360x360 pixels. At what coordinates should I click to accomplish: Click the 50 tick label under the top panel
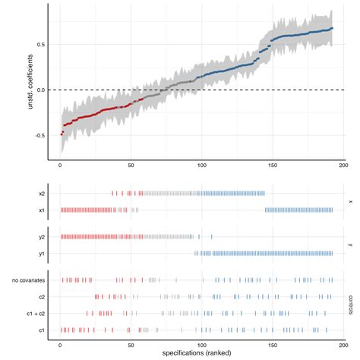coord(131,165)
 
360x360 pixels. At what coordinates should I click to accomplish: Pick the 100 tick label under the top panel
coord(201,165)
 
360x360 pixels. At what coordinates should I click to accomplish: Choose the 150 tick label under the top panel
coord(272,165)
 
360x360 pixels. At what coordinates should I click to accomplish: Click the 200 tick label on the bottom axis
coord(343,344)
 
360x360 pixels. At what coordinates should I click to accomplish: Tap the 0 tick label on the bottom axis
coord(61,344)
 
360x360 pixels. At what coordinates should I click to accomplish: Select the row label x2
coord(43,194)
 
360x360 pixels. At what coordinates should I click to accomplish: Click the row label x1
coord(43,210)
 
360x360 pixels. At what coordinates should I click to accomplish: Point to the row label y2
coord(43,236)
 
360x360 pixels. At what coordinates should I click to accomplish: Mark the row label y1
coord(43,252)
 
